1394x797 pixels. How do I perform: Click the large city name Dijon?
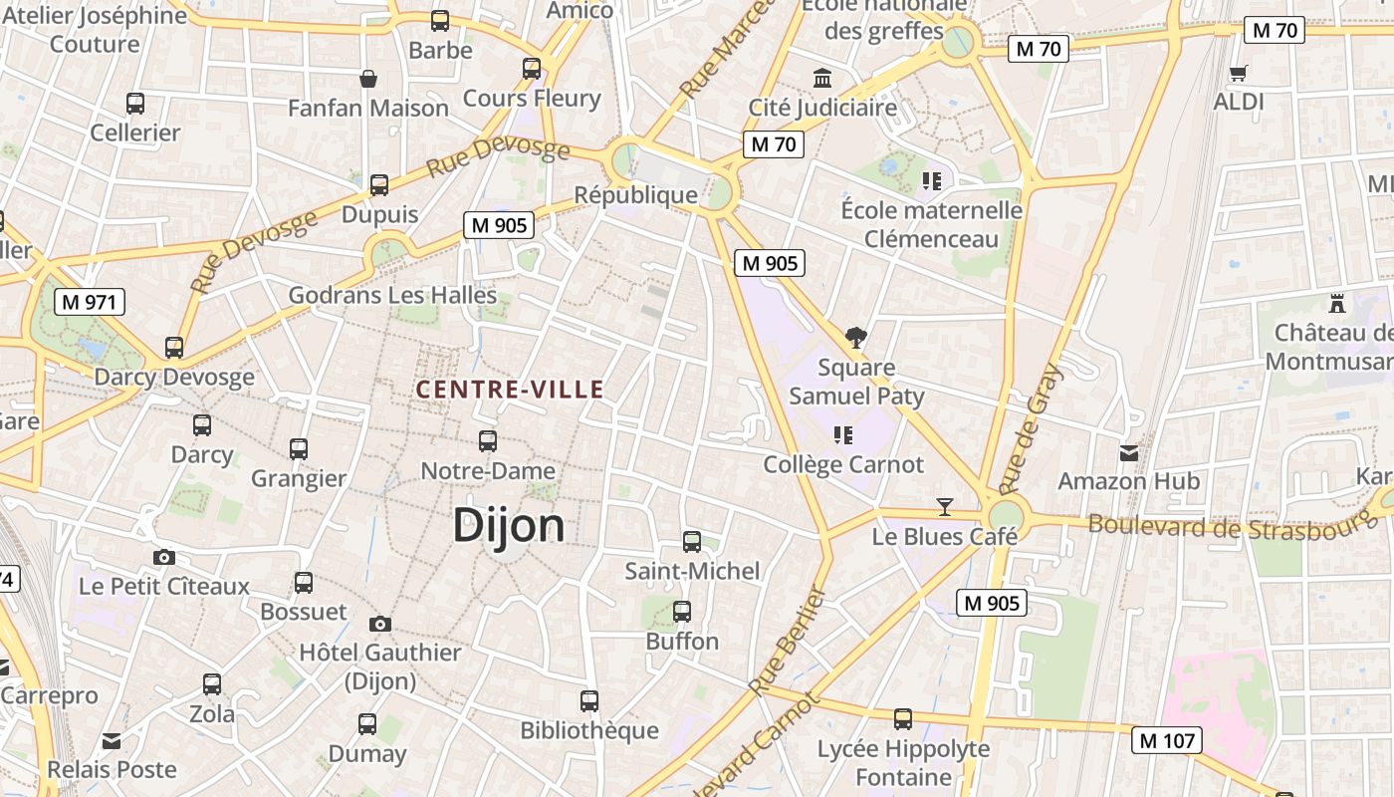[x=509, y=525]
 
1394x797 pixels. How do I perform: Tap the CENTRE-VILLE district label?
[x=510, y=390]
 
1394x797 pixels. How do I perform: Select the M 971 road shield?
[x=90, y=302]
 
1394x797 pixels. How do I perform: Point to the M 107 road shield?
[x=1167, y=740]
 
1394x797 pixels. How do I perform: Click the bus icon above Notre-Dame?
[x=488, y=440]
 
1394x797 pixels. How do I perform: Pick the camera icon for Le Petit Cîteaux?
[x=164, y=557]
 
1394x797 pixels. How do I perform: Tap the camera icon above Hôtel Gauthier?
[x=379, y=624]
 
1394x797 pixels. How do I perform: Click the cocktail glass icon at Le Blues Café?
[x=945, y=506]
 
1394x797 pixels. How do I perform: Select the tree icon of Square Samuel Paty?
[x=855, y=337]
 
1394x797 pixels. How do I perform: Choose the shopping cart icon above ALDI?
[x=1238, y=73]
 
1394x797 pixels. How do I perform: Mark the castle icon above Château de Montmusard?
[x=1337, y=303]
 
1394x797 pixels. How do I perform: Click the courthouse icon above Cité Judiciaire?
[x=822, y=78]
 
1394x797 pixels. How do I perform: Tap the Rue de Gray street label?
[x=1031, y=430]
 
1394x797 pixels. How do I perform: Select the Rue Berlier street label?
[x=788, y=641]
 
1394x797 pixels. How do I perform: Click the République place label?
[x=636, y=194]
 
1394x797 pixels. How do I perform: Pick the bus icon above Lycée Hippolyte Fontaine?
[x=903, y=718]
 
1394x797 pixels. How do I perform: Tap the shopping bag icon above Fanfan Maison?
[x=368, y=78]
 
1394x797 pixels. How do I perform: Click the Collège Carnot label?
[x=843, y=464]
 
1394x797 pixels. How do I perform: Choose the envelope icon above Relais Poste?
[x=112, y=741]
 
